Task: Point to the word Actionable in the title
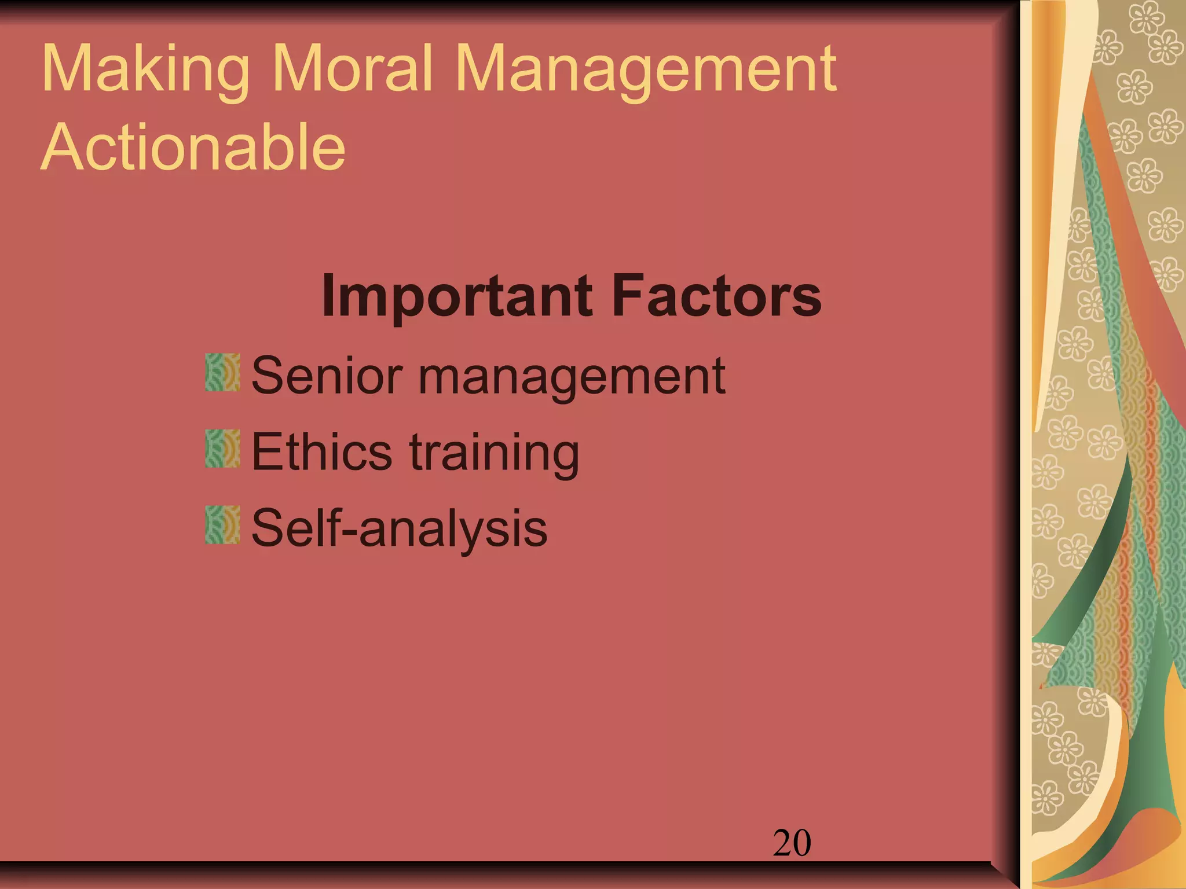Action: (x=193, y=147)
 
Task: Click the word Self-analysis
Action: (x=400, y=528)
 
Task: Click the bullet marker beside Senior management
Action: (x=222, y=372)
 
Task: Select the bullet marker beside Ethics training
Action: (x=222, y=449)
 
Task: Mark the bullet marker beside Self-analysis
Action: (x=222, y=524)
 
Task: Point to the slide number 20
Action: (x=792, y=843)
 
